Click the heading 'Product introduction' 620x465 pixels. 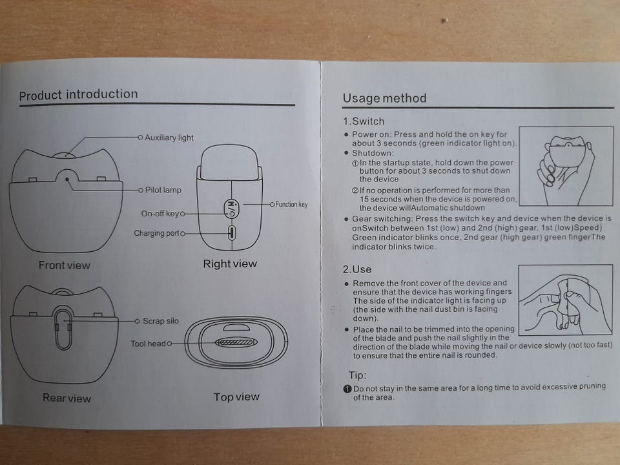pyautogui.click(x=78, y=95)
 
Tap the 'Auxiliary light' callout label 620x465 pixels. pyautogui.click(x=169, y=138)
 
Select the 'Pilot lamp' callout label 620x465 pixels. pyautogui.click(x=163, y=190)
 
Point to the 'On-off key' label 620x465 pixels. pyautogui.click(x=160, y=214)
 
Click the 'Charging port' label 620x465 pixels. pyautogui.click(x=156, y=233)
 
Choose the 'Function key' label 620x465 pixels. pyautogui.click(x=291, y=205)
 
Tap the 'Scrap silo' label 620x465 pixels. pyautogui.click(x=161, y=321)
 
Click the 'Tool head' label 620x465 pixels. pyautogui.click(x=149, y=344)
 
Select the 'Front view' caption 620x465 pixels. pyautogui.click(x=65, y=265)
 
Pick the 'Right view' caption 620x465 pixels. pyautogui.click(x=230, y=263)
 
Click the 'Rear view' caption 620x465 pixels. pyautogui.click(x=67, y=398)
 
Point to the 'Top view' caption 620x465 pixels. pyautogui.click(x=236, y=397)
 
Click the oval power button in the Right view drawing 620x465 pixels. pyautogui.click(x=232, y=209)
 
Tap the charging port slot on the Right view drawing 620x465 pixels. pyautogui.click(x=232, y=232)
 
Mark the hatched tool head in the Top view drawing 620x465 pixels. pyautogui.click(x=236, y=342)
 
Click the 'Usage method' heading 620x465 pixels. pyautogui.click(x=384, y=98)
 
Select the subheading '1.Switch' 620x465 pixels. pyautogui.click(x=364, y=121)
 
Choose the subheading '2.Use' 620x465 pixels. pyautogui.click(x=357, y=269)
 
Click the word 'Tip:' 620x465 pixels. pyautogui.click(x=357, y=375)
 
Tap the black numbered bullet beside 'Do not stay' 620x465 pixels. pyautogui.click(x=347, y=389)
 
